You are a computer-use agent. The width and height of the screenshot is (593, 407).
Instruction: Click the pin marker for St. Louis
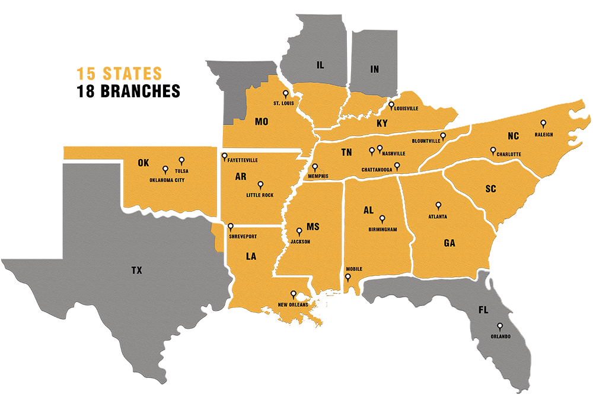(x=285, y=94)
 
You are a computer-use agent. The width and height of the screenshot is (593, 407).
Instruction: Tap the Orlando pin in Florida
(x=500, y=326)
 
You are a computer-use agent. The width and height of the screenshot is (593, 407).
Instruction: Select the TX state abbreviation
(x=137, y=271)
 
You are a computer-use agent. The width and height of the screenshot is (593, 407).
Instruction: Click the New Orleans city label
(x=293, y=306)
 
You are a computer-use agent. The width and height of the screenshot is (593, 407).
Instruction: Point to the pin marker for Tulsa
(x=181, y=160)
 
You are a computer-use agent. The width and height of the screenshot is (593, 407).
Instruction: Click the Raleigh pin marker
(x=543, y=124)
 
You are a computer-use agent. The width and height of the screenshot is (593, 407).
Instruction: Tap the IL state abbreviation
(x=320, y=65)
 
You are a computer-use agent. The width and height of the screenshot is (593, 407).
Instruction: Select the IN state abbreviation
(x=374, y=69)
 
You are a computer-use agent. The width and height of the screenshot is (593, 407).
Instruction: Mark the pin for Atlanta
(x=438, y=206)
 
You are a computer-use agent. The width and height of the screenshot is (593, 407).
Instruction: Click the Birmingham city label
(x=382, y=229)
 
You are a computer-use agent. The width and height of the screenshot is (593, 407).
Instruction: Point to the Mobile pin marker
(x=348, y=276)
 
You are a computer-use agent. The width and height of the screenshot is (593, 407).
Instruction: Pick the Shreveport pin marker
(x=231, y=226)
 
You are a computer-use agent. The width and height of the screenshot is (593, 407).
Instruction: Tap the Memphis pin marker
(x=315, y=167)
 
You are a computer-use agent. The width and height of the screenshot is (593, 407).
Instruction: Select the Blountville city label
(x=426, y=141)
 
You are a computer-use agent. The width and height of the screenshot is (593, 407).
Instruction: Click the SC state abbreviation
(x=490, y=189)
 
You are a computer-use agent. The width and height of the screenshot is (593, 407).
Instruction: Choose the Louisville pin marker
(x=391, y=105)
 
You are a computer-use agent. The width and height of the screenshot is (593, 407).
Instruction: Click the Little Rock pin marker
(x=260, y=185)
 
